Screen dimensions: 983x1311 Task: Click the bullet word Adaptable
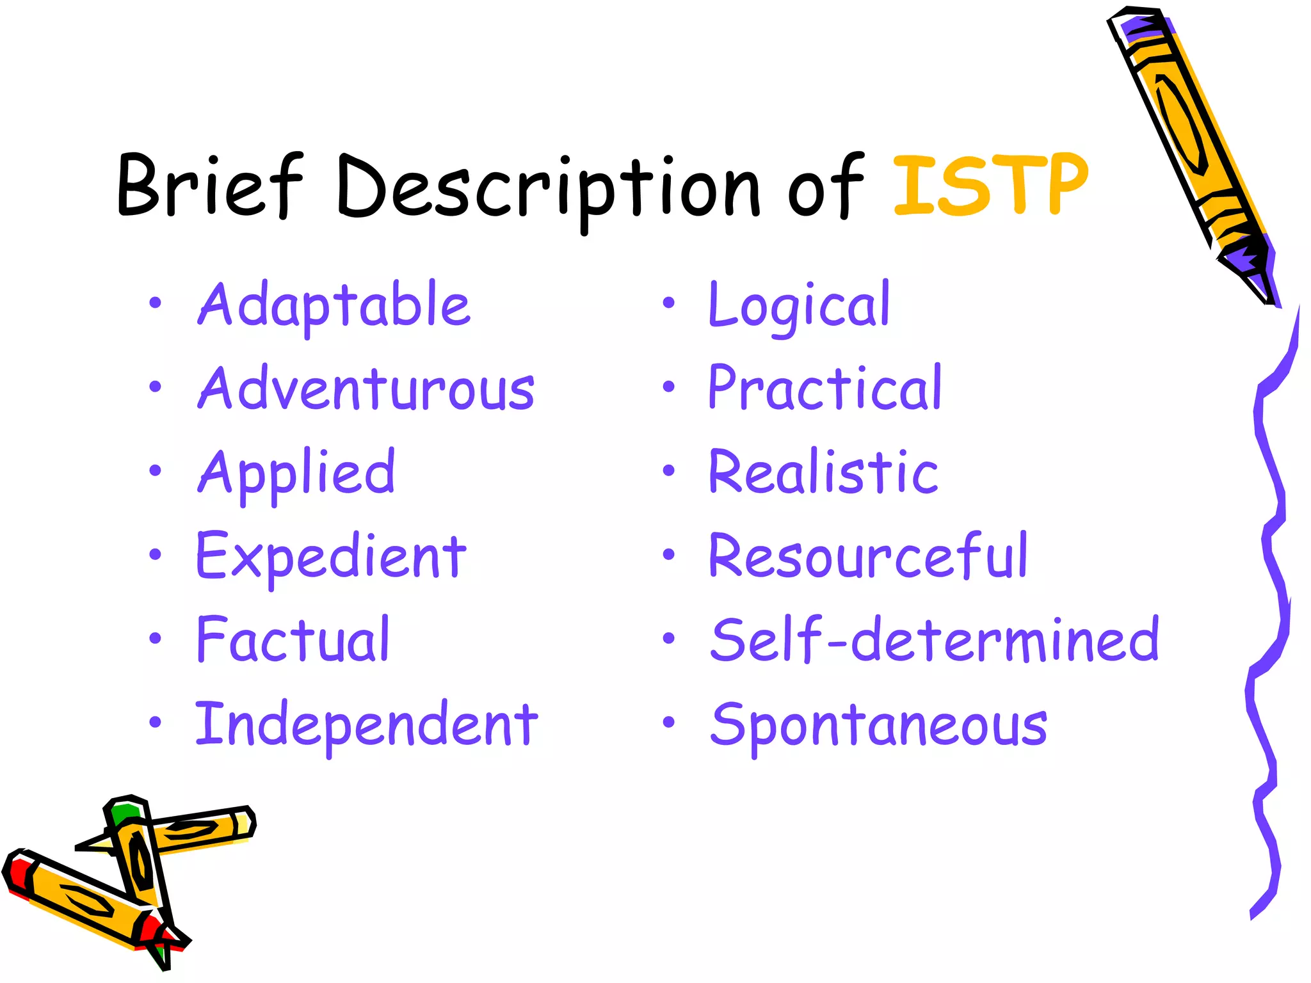click(334, 305)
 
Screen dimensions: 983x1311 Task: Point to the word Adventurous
click(366, 388)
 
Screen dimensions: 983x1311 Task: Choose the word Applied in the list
click(296, 474)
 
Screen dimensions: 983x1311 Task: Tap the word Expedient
click(331, 557)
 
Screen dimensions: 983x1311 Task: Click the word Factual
click(293, 639)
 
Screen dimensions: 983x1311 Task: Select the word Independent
click(366, 724)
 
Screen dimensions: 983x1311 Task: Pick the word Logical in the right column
click(799, 305)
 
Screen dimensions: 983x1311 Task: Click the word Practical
click(824, 388)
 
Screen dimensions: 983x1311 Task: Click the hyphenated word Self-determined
click(935, 639)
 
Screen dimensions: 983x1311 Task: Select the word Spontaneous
click(878, 724)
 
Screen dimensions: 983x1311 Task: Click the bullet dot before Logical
click(668, 303)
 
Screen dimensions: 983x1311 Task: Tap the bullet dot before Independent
click(155, 722)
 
